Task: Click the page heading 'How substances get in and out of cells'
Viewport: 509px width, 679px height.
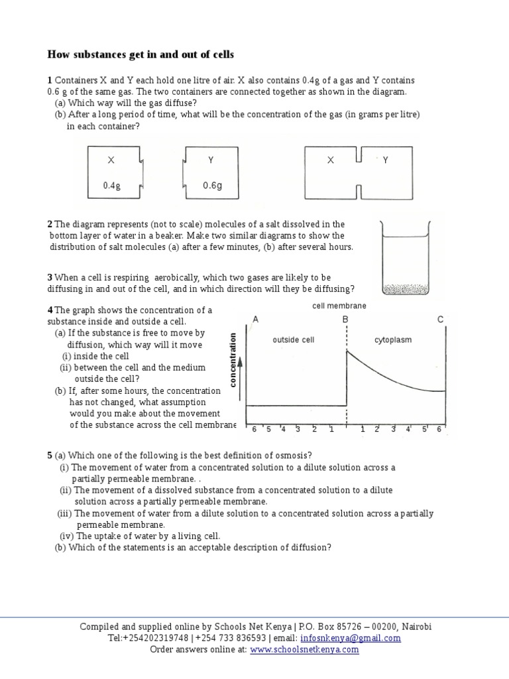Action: pyautogui.click(x=141, y=54)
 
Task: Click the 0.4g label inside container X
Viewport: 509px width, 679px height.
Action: pyautogui.click(x=112, y=186)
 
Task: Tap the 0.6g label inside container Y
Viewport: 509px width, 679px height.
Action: pyautogui.click(x=212, y=186)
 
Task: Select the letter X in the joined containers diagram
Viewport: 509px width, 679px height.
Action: pyautogui.click(x=329, y=160)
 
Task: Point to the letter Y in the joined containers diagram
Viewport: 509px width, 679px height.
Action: pyautogui.click(x=385, y=160)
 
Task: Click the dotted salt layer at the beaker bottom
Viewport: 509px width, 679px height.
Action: pyautogui.click(x=406, y=288)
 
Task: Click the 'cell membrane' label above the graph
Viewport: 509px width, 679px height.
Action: pyautogui.click(x=339, y=306)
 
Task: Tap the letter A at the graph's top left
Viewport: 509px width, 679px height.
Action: pyautogui.click(x=256, y=320)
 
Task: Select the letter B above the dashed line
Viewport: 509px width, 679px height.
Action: pyautogui.click(x=345, y=320)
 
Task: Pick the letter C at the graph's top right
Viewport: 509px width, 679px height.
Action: pyautogui.click(x=440, y=320)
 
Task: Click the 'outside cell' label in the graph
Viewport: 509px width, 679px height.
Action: pyautogui.click(x=294, y=340)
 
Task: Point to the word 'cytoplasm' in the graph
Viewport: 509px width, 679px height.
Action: pyautogui.click(x=392, y=340)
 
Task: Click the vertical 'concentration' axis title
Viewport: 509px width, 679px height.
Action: pyautogui.click(x=233, y=359)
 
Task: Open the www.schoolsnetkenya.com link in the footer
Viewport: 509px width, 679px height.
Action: pyautogui.click(x=304, y=650)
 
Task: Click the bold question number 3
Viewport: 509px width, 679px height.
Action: pyautogui.click(x=50, y=277)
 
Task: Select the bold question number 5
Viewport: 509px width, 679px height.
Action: pyautogui.click(x=50, y=455)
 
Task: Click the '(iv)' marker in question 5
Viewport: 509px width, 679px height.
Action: pyautogui.click(x=67, y=536)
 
